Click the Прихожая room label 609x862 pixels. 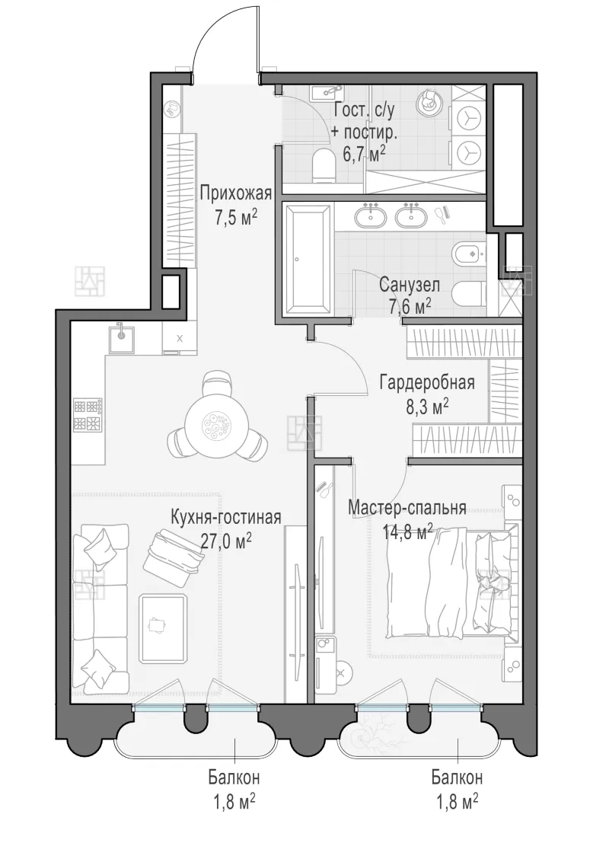coord(236,193)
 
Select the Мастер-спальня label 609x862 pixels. coord(407,508)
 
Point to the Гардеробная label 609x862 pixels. coord(427,382)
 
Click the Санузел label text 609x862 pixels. coord(410,286)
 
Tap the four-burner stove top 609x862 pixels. coord(88,415)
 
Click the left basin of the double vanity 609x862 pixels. coord(373,215)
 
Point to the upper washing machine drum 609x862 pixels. coord(468,117)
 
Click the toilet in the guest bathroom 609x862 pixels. coord(323,168)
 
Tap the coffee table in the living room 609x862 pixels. coord(162,629)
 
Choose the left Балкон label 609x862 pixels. coord(234,778)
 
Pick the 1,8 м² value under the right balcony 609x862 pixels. coord(457,802)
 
